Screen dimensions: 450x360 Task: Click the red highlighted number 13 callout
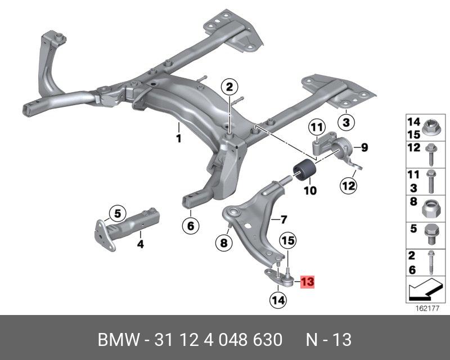[x=307, y=281]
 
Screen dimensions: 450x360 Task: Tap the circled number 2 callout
[x=229, y=87]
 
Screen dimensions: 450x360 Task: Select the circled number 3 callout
[x=346, y=122]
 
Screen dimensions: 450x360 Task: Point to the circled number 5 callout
[x=118, y=214]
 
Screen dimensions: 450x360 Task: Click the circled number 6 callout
[x=191, y=226]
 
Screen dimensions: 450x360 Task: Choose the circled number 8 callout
[x=224, y=243]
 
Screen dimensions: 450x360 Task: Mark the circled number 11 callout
[x=317, y=127]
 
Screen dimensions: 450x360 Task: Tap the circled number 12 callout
[x=349, y=186]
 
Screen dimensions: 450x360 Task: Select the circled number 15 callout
[x=289, y=240]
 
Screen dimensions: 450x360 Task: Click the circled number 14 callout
[x=278, y=300]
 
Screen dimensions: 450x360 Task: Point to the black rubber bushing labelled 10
[x=304, y=172]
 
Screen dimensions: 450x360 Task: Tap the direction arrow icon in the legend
[x=424, y=290]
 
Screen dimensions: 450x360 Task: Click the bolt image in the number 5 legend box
[x=431, y=234]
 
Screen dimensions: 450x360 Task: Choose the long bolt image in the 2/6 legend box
[x=431, y=262]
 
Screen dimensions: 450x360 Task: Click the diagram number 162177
[x=427, y=309]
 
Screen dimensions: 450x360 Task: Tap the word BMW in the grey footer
[x=119, y=340]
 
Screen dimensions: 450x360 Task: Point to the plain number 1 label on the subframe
[x=178, y=139]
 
